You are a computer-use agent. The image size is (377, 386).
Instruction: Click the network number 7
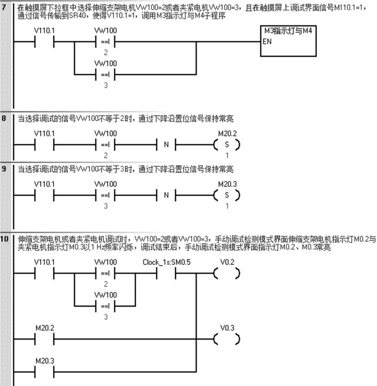click(5, 8)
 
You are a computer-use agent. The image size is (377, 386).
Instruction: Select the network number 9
click(5, 169)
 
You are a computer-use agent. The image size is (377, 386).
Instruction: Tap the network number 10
click(5, 238)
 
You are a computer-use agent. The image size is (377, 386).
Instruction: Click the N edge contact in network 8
click(166, 145)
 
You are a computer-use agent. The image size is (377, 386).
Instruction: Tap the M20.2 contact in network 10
click(44, 339)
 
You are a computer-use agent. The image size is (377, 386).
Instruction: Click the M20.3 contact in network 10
click(44, 372)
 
